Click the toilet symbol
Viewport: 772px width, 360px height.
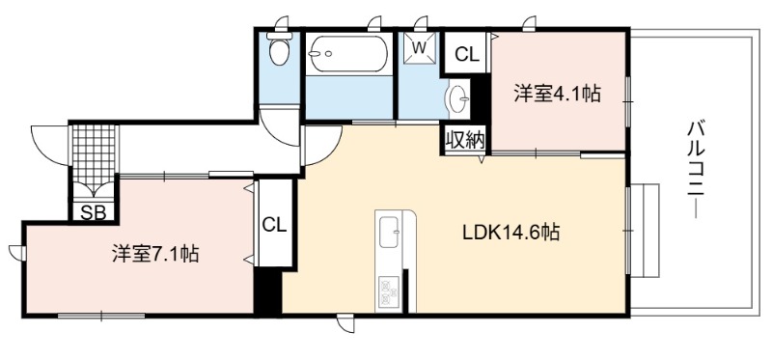pyautogui.click(x=279, y=49)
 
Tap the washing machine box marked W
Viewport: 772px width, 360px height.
pyautogui.click(x=419, y=48)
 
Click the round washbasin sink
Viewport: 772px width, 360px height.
pyautogui.click(x=457, y=98)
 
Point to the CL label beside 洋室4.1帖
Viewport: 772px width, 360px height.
pyautogui.click(x=467, y=55)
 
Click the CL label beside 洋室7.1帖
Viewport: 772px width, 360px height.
pyautogui.click(x=274, y=225)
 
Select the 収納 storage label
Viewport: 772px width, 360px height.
pyautogui.click(x=465, y=140)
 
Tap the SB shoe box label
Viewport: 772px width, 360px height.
pyautogui.click(x=93, y=212)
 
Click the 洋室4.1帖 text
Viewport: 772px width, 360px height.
pyautogui.click(x=558, y=93)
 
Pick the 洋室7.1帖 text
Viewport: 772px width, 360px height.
pyautogui.click(x=155, y=254)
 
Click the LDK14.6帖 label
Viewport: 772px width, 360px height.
pyautogui.click(x=511, y=232)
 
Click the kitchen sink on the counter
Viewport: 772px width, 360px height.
pyautogui.click(x=390, y=232)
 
